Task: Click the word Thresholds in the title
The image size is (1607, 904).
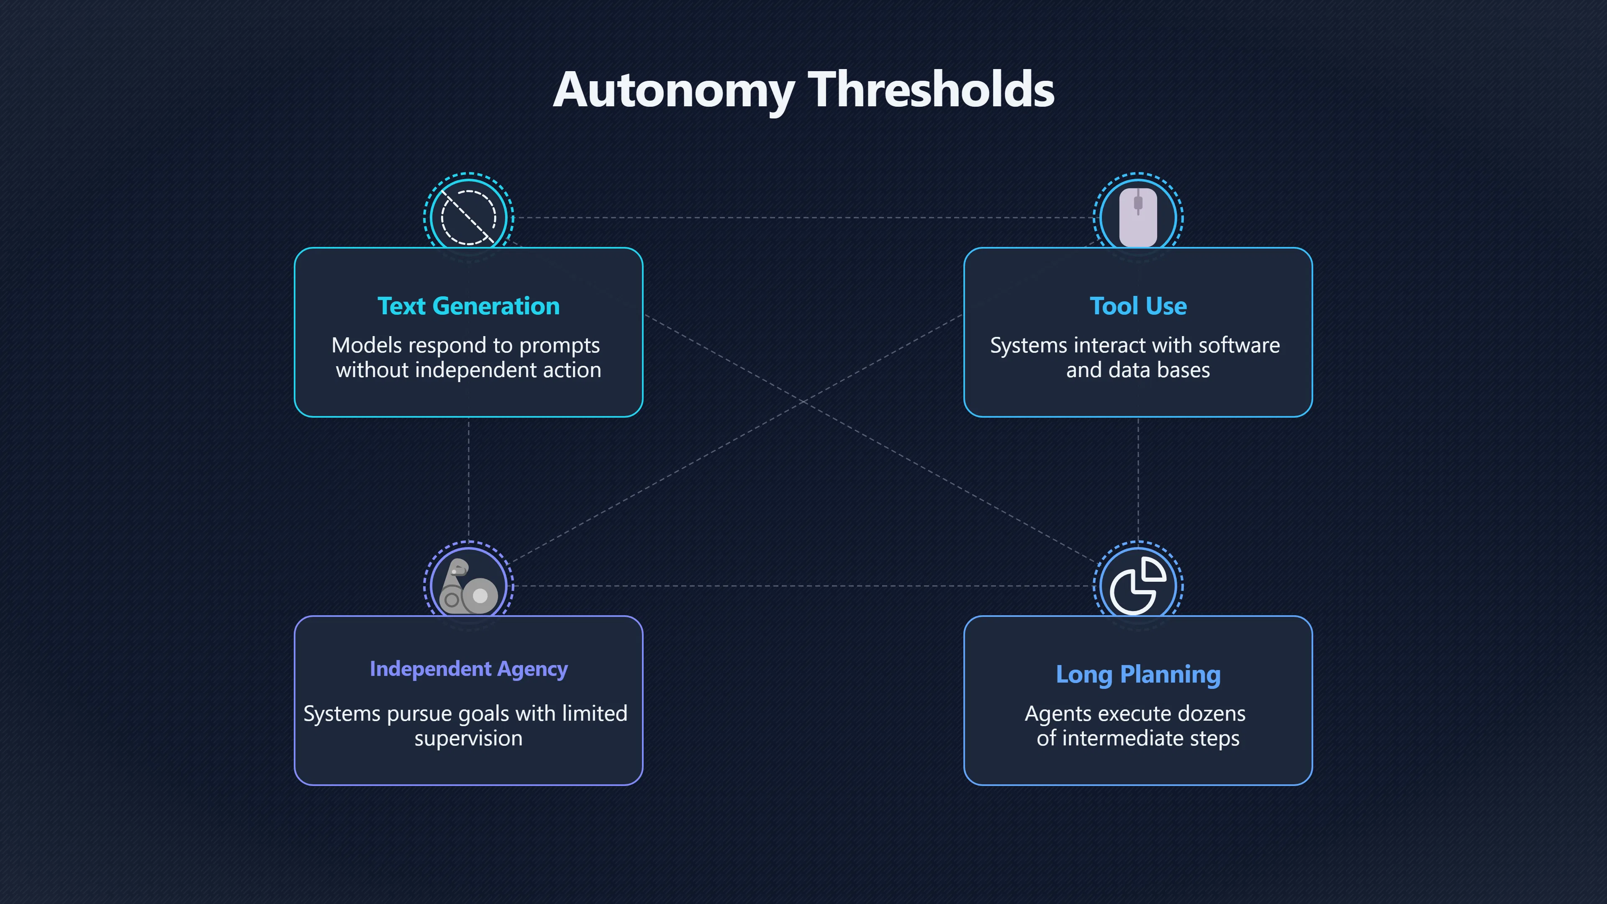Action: [x=931, y=90]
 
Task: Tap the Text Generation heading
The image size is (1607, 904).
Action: [x=469, y=306]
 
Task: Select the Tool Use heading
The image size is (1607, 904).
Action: [x=1138, y=306]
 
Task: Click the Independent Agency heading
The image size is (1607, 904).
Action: [x=469, y=669]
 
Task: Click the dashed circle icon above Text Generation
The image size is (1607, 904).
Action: [x=469, y=218]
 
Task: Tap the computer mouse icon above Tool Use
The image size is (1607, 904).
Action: [x=1138, y=217]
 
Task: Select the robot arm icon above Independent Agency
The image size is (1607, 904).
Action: [x=469, y=586]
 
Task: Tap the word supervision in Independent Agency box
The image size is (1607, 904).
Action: [x=469, y=739]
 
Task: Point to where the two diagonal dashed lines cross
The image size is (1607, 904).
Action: [x=803, y=402]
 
